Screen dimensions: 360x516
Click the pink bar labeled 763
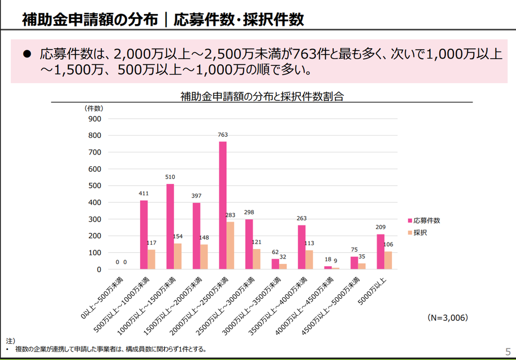(223, 205)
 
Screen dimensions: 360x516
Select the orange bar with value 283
(230, 245)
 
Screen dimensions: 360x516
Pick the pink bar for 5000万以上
(380, 252)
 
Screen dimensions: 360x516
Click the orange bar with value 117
(151, 259)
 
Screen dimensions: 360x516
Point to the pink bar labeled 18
(328, 267)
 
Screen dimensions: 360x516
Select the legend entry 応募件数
(426, 221)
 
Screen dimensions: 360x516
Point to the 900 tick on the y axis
(94, 119)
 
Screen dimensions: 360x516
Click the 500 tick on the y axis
(94, 186)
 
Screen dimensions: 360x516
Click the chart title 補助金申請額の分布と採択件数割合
(262, 97)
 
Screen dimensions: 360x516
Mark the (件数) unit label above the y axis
(94, 108)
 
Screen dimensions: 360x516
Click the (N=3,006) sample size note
(447, 318)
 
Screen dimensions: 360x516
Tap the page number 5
(507, 352)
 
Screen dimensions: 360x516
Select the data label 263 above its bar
(301, 218)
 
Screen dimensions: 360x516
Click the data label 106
(388, 245)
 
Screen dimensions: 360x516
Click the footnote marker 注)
(10, 341)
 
